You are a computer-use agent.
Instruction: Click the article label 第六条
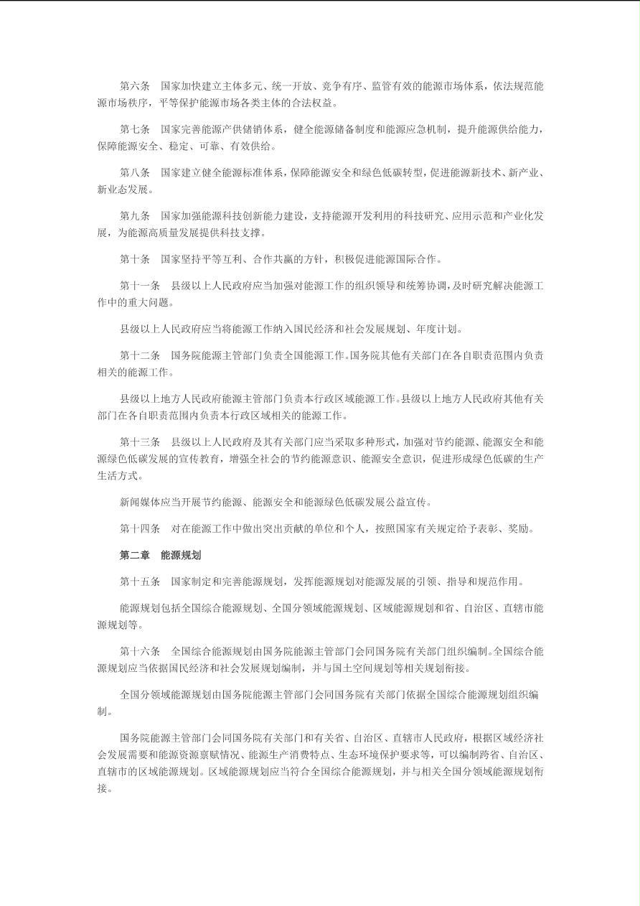[x=134, y=86]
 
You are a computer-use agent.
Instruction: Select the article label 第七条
[x=134, y=129]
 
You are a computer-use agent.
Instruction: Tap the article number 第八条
[x=134, y=173]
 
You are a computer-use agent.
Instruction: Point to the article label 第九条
[x=134, y=216]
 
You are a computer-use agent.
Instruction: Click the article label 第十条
[x=134, y=259]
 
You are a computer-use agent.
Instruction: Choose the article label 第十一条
[x=139, y=286]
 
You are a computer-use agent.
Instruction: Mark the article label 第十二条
[x=139, y=355]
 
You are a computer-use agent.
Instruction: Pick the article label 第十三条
[x=139, y=442]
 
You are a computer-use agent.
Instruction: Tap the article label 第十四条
[x=139, y=528]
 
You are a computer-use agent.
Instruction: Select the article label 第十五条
[x=139, y=582]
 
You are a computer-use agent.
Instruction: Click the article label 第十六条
[x=139, y=651]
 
